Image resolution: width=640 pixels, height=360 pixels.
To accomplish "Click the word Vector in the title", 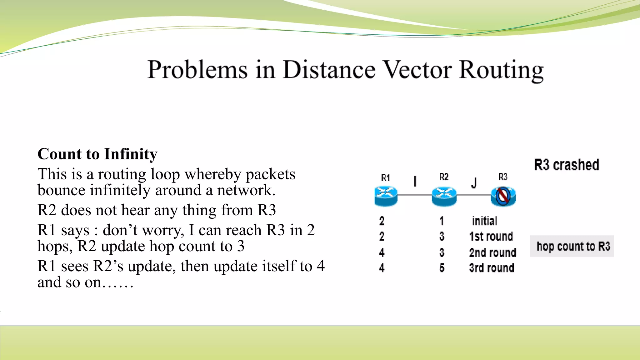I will (x=417, y=69).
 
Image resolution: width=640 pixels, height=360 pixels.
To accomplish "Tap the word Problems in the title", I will (x=197, y=70).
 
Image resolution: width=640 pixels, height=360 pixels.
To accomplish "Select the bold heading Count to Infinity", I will (x=97, y=154).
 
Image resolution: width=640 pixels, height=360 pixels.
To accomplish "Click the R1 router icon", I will (x=386, y=196).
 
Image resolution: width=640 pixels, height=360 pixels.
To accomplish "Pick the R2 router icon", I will (x=444, y=196).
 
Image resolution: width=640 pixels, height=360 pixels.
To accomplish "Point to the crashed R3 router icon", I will (x=503, y=196).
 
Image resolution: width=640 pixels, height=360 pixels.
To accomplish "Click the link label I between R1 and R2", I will (x=415, y=181).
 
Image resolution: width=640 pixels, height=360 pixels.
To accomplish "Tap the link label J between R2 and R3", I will (x=474, y=183).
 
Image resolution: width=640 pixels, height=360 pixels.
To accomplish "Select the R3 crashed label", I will (x=567, y=165).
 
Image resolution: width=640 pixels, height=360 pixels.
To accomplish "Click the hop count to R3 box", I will (x=572, y=246).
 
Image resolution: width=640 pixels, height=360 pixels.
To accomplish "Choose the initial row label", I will (x=484, y=221).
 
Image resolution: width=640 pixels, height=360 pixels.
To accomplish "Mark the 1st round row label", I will (x=491, y=237).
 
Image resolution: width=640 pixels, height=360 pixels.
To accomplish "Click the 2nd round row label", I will (x=492, y=252).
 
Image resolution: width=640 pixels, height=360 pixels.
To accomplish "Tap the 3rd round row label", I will (x=492, y=268).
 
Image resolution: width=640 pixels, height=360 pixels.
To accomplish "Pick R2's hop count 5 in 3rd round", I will (x=442, y=268).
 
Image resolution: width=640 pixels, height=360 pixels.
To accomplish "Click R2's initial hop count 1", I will (x=442, y=221).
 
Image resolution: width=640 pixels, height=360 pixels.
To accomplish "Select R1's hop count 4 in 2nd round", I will (x=382, y=252).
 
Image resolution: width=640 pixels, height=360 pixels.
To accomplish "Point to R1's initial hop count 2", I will (x=382, y=221).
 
